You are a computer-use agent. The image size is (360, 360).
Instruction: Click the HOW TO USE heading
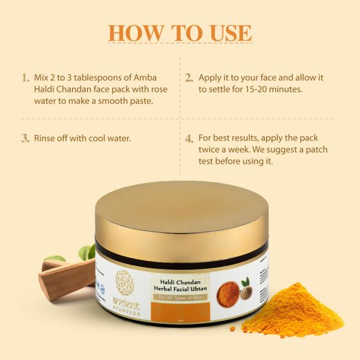coord(180,33)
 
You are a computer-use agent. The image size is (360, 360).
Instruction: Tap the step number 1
coord(25,78)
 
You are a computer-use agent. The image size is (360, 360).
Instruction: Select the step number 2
coord(188,78)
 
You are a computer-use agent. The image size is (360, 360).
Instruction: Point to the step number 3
coord(25,138)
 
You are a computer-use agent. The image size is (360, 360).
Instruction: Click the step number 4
coord(188,139)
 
